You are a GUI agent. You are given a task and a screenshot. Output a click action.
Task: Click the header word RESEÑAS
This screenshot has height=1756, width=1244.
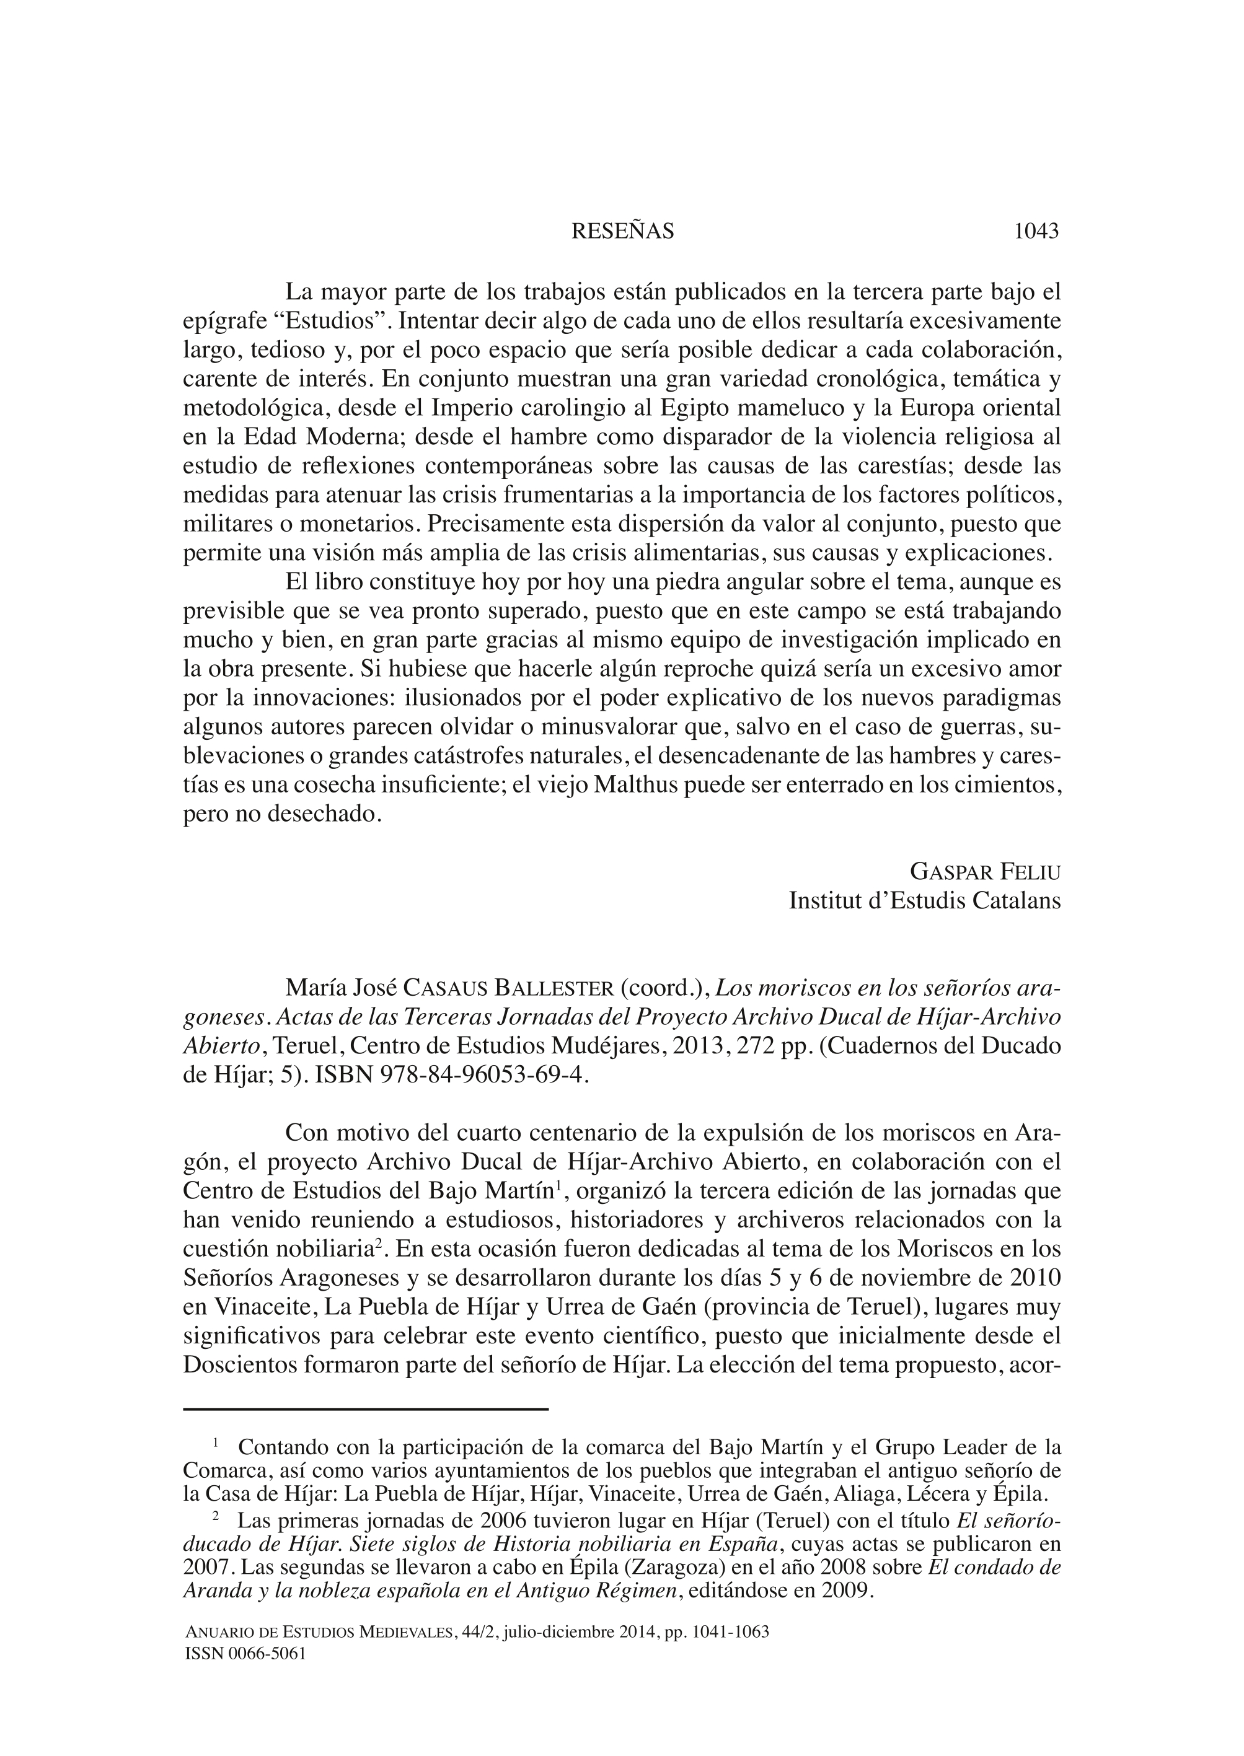coord(622,231)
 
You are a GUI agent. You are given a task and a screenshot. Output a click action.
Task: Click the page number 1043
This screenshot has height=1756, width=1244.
coord(1036,231)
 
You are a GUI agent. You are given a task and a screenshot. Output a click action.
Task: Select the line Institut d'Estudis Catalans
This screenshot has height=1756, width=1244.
coord(925,900)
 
